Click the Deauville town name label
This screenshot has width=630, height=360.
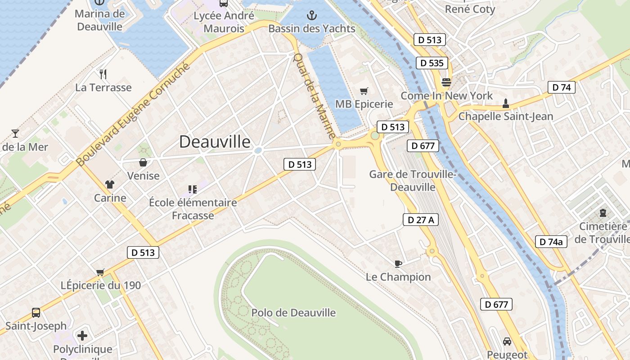[215, 142]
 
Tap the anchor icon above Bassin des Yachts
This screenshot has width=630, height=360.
[311, 16]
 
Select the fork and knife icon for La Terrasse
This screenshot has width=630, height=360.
[103, 74]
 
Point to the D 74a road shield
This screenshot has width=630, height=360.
[551, 242]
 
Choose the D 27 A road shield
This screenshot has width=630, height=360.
[420, 220]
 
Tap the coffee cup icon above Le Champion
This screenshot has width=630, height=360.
[398, 264]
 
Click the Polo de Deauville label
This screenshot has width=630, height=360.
[293, 313]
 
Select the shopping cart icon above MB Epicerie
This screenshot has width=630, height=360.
[364, 91]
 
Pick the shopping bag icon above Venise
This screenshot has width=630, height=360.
[143, 162]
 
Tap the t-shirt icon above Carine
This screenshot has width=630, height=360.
[110, 184]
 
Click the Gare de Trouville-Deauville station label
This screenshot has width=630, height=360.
[413, 180]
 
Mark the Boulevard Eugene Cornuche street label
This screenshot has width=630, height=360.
[133, 115]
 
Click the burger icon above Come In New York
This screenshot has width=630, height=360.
[446, 82]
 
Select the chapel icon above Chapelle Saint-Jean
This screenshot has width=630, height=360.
[505, 103]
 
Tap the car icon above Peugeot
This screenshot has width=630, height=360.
[507, 342]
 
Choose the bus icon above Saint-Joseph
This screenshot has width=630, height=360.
[36, 313]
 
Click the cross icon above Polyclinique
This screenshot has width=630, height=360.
[82, 336]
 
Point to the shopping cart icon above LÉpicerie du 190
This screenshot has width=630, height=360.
[100, 272]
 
